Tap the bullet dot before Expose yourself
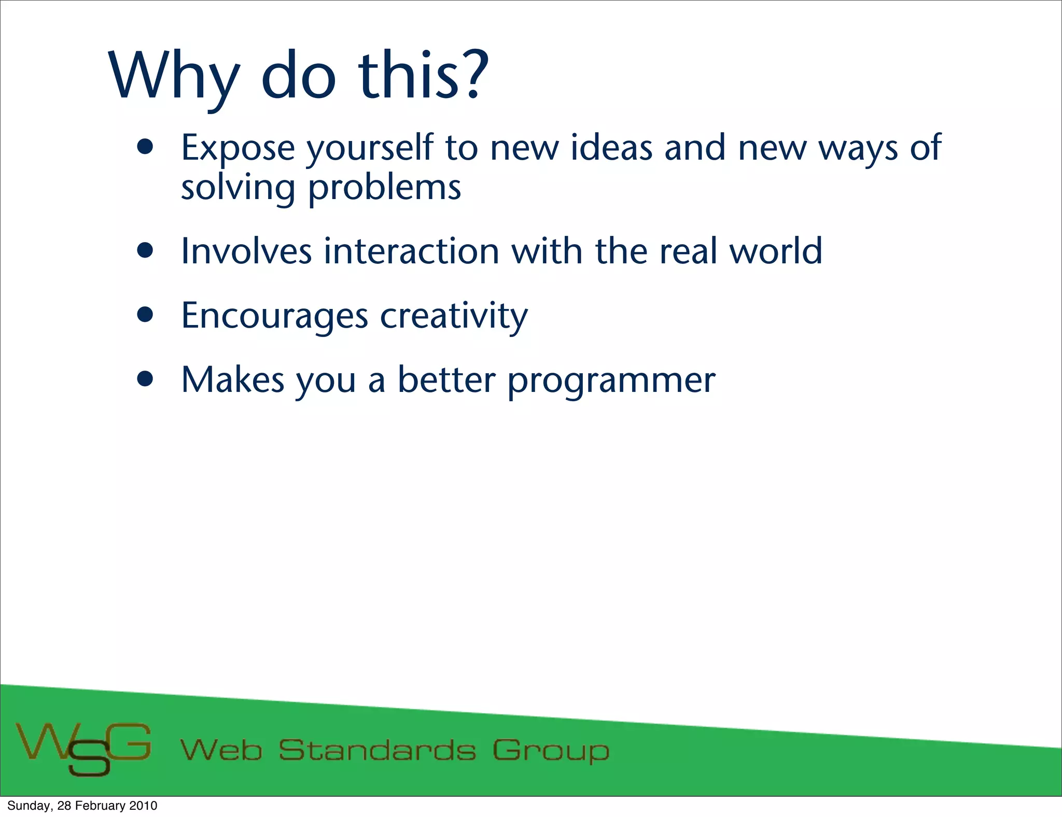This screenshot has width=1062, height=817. [x=146, y=147]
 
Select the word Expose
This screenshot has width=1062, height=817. [x=237, y=149]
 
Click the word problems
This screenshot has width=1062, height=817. [x=384, y=188]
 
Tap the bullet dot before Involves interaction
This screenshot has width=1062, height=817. [x=146, y=251]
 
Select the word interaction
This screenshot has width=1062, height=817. [x=412, y=251]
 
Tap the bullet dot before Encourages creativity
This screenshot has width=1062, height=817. [x=146, y=315]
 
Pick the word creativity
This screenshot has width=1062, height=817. [x=454, y=316]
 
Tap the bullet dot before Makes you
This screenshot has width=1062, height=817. [x=146, y=379]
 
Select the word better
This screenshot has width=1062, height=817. [x=446, y=380]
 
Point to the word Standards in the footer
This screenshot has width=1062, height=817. [x=377, y=750]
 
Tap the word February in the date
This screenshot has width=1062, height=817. [x=100, y=806]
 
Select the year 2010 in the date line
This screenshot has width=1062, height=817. [x=143, y=806]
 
